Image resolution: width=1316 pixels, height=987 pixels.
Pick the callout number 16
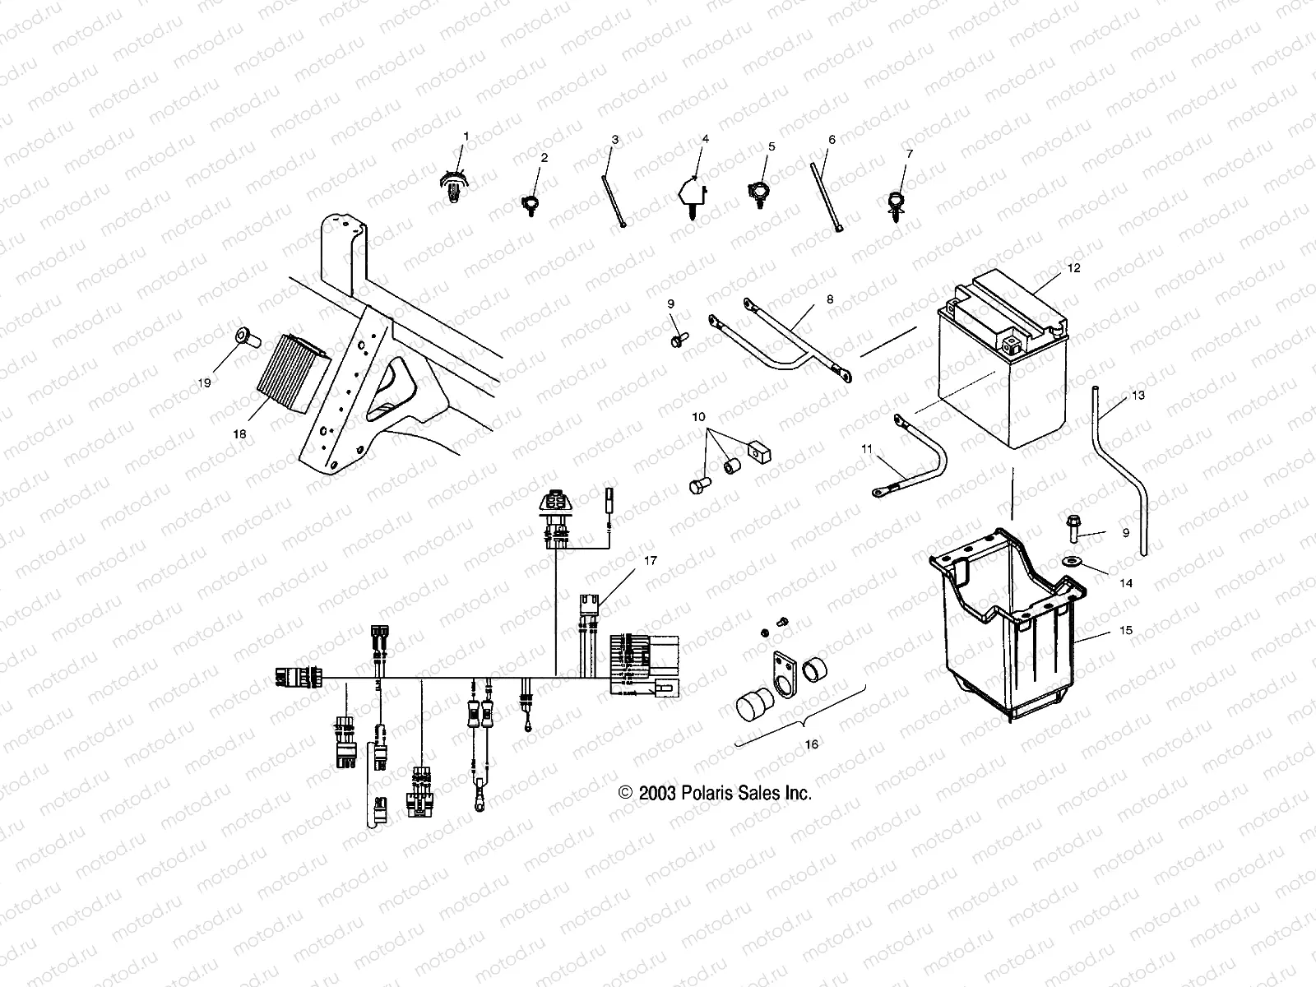(811, 744)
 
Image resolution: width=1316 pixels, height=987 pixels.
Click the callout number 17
(651, 561)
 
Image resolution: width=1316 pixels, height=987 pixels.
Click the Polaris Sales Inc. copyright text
(715, 793)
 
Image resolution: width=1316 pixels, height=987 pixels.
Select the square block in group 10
(758, 452)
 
